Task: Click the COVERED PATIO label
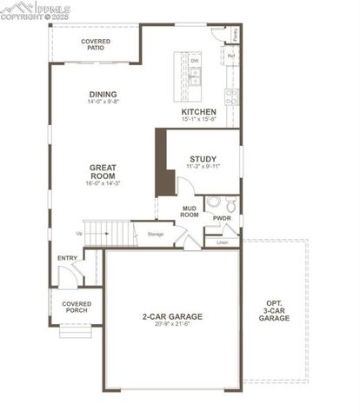tap(96, 44)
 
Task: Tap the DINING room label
tap(103, 95)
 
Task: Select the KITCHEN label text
tap(198, 113)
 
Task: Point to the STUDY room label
tap(203, 158)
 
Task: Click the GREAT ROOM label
tap(103, 170)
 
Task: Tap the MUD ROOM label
tap(190, 211)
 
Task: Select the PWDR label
tap(222, 218)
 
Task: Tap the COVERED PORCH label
tap(77, 307)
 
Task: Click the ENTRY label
tap(67, 258)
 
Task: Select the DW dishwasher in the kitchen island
tap(195, 61)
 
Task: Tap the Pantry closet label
tap(237, 36)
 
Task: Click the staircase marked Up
tap(108, 232)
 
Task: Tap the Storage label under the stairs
tap(156, 235)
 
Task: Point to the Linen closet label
tap(222, 242)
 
